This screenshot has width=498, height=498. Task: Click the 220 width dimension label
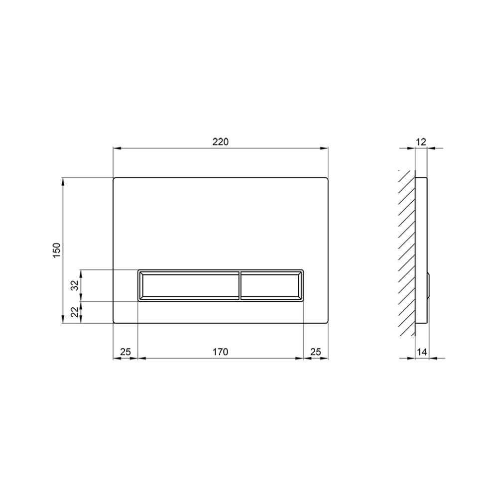221,141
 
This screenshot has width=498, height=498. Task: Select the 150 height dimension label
57,250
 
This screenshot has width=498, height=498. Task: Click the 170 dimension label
221,352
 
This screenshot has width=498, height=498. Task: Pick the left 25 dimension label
125,352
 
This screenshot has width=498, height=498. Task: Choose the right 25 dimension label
316,352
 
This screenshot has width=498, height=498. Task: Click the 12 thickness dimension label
421,141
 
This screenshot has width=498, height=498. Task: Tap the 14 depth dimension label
422,352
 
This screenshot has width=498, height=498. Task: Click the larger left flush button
189,285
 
